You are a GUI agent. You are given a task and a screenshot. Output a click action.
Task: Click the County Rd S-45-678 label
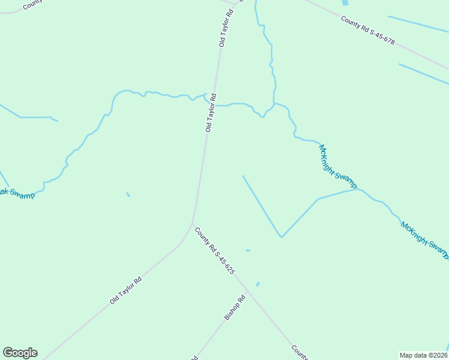point(368,31)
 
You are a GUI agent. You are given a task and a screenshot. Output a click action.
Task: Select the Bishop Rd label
point(235,307)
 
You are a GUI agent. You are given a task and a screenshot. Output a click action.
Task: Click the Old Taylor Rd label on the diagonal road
point(125,290)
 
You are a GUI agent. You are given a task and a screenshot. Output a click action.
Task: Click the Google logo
point(20,352)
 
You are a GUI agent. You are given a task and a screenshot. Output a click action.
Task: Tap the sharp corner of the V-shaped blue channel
point(281,236)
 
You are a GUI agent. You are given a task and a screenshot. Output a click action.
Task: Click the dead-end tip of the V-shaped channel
point(243,176)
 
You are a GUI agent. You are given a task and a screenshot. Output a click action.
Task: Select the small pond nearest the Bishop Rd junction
point(258,284)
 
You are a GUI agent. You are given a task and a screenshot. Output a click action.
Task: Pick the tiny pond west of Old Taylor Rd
point(128,194)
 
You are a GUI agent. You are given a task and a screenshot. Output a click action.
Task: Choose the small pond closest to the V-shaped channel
point(248,250)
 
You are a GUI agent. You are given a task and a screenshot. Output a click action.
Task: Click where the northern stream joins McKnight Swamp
point(274,104)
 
